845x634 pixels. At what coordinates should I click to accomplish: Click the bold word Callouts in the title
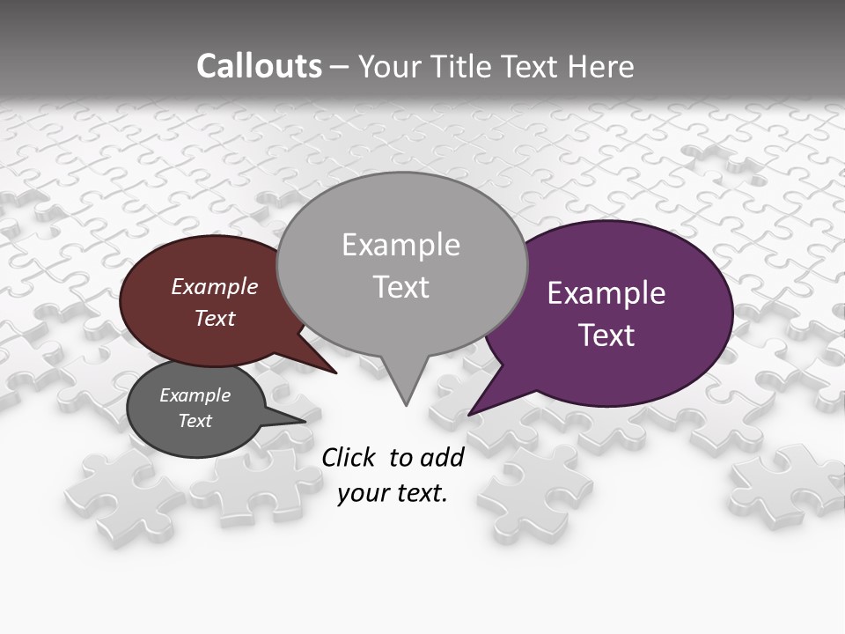tap(259, 66)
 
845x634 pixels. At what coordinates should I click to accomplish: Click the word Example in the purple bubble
tap(606, 292)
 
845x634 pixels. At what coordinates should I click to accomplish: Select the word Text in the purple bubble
tap(606, 335)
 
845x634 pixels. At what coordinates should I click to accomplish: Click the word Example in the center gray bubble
tap(400, 245)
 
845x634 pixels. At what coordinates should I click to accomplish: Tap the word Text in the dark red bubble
tap(215, 319)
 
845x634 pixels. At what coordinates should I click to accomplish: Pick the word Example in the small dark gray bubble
tap(195, 395)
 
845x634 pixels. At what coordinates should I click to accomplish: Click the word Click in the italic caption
tap(349, 457)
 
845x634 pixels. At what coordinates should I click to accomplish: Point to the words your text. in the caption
tap(393, 493)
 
